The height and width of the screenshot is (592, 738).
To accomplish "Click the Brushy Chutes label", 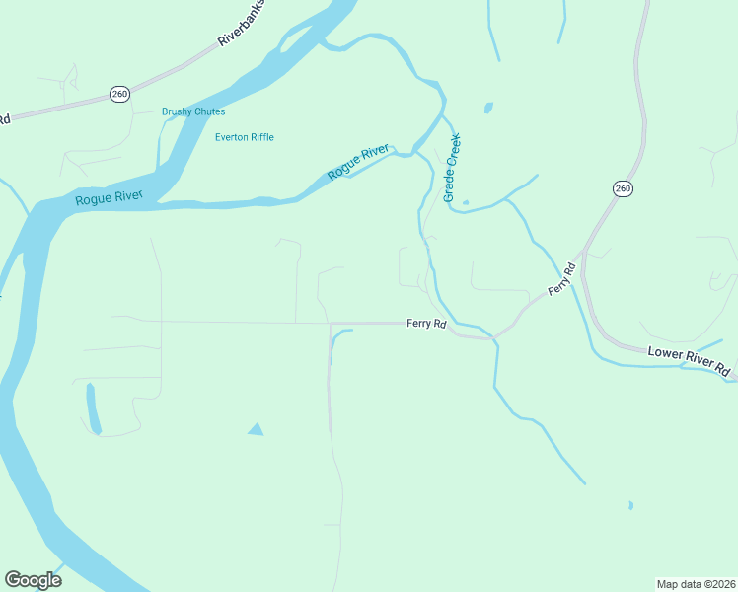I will pos(193,111).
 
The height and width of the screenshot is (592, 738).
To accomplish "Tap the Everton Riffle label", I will pos(245,137).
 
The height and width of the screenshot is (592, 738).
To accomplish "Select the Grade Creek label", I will pos(452,168).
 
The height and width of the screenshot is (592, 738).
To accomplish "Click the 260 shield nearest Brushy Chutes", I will pos(119,94).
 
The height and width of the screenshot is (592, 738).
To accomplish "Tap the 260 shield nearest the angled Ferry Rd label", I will pos(622,187).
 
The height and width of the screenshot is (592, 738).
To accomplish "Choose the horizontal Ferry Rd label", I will pos(426,323).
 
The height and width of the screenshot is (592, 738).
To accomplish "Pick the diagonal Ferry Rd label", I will pos(560,282).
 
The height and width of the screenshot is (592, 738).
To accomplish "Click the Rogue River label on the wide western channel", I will pos(109,198).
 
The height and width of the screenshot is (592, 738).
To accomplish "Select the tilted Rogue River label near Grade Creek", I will pos(358,162).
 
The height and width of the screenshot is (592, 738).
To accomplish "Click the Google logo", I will pos(33,580).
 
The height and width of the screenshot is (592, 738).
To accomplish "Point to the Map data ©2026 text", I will pos(696,583).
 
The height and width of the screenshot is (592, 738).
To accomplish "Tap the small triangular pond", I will pos(256,429).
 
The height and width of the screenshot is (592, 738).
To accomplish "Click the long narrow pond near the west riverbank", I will pos(93,408).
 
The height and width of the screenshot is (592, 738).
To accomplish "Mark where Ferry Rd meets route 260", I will pos(583,253).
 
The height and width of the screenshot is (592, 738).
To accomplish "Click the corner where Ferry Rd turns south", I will pos(331,324).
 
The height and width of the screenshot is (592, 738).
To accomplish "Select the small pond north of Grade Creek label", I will pos(487,108).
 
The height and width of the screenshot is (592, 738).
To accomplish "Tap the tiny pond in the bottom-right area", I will pos(629,506).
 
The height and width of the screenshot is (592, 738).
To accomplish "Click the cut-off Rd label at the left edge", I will pos(4,119).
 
